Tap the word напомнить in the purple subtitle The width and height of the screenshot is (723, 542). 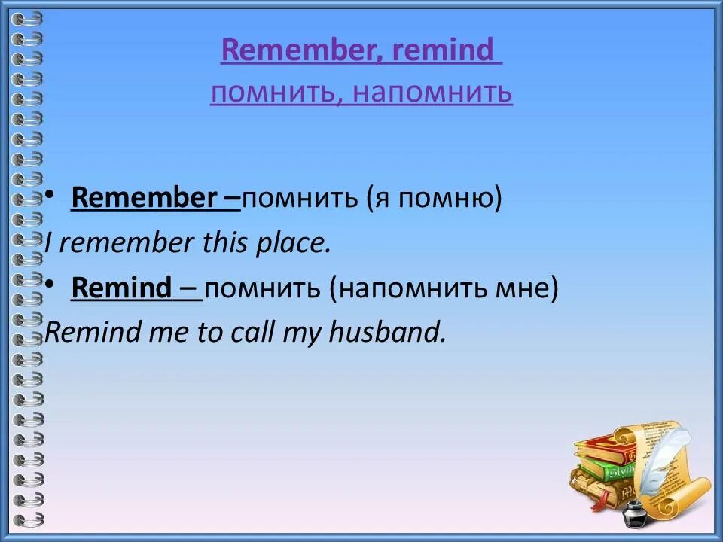[x=432, y=93]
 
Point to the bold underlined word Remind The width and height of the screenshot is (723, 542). [x=122, y=288]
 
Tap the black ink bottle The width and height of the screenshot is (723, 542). [x=633, y=513]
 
